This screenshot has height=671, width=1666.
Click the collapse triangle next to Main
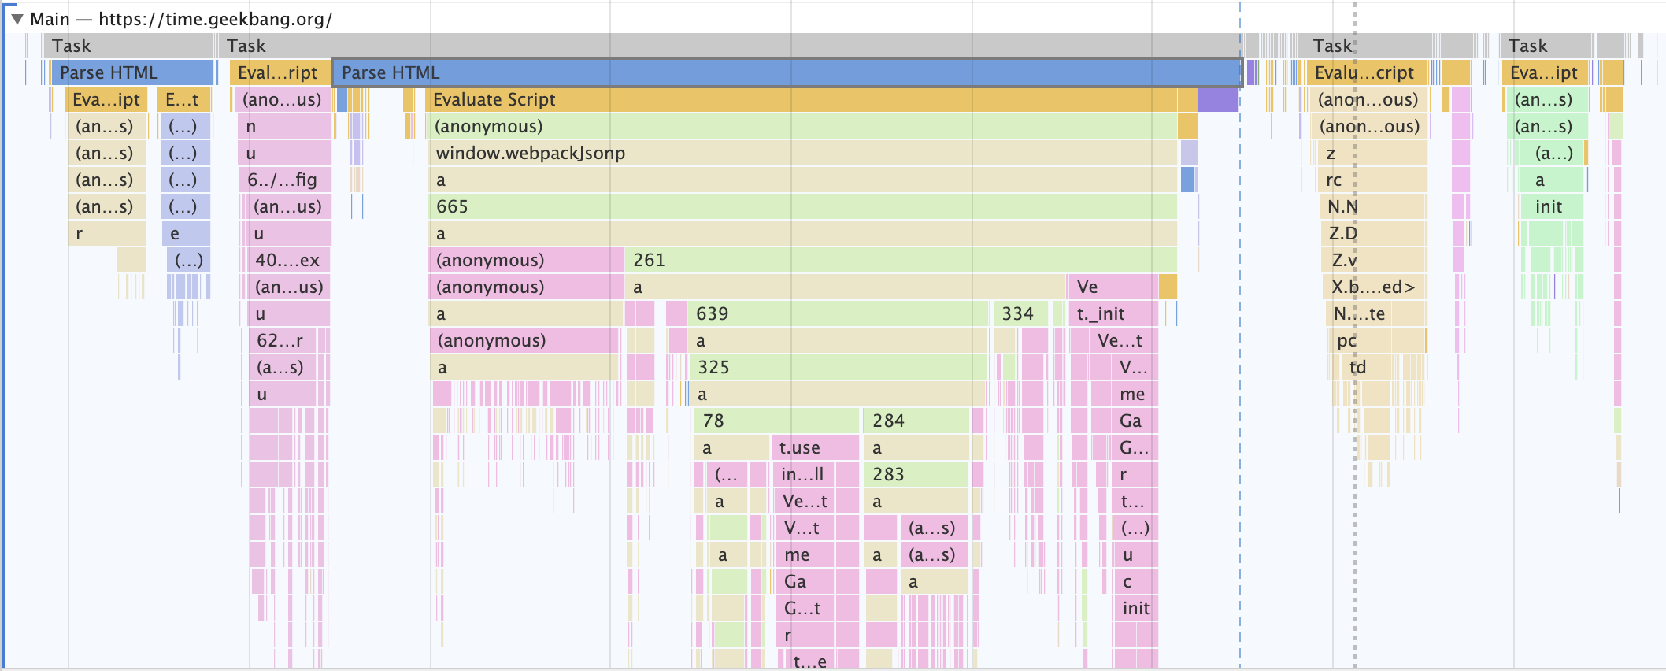point(17,19)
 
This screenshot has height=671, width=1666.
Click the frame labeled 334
point(1019,313)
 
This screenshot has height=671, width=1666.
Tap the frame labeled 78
point(776,421)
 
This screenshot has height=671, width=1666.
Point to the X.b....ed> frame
point(1374,287)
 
